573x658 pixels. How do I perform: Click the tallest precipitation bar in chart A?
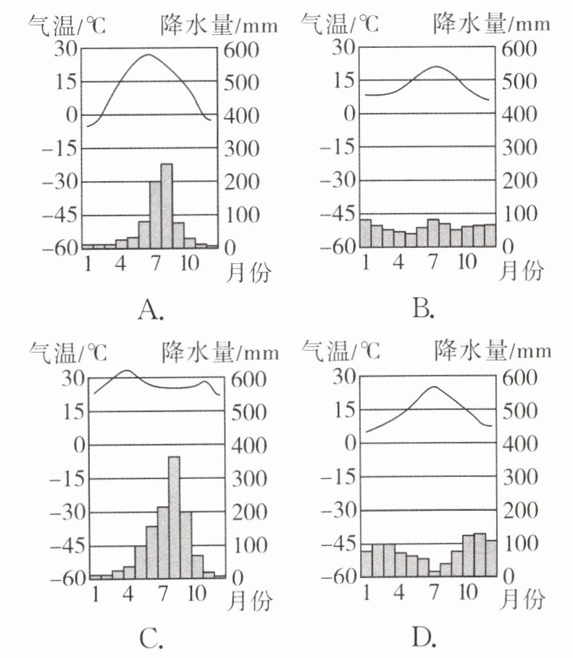(x=167, y=206)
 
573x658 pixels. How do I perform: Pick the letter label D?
(x=424, y=637)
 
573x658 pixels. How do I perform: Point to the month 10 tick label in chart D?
(x=469, y=591)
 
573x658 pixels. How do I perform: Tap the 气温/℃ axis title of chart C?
(x=67, y=353)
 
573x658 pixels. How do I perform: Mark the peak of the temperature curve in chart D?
(x=434, y=387)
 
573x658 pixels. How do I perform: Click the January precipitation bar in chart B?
(x=366, y=233)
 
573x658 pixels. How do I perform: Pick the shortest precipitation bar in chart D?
(x=434, y=573)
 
